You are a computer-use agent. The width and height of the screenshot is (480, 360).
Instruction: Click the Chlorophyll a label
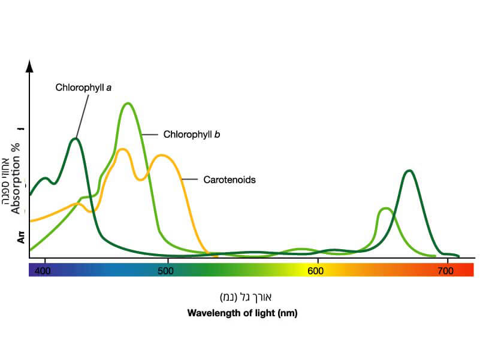pos(84,87)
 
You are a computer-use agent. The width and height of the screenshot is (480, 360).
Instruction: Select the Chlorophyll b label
pos(192,135)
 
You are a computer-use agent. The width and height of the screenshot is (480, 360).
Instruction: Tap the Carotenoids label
pos(230,179)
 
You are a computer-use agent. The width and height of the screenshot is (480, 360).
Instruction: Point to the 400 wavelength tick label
pos(43,271)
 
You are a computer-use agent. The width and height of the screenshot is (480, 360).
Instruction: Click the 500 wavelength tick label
pos(166,271)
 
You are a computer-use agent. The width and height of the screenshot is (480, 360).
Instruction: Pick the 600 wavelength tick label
pos(316,271)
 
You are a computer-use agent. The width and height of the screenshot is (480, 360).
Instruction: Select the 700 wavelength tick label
pos(444,271)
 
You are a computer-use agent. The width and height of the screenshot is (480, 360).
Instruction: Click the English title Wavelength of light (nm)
pos(242,313)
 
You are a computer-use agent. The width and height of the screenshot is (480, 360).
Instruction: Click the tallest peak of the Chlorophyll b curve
pos(127,104)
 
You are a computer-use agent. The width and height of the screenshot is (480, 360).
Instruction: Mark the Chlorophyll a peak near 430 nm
pos(75,139)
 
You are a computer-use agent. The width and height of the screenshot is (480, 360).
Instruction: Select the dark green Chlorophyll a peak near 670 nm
pos(409,171)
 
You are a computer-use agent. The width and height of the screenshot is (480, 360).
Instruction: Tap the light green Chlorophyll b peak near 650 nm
pos(385,208)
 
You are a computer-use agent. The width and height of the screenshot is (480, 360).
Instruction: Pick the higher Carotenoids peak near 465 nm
pos(122,149)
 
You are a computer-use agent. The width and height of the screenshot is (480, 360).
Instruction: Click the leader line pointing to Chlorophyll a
pos(83,114)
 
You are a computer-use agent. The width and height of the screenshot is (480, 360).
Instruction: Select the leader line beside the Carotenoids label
pos(189,179)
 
